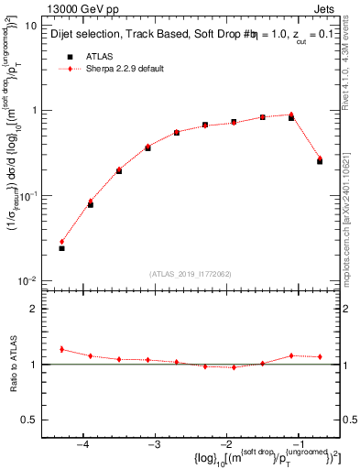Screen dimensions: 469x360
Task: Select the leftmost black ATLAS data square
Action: coord(61,248)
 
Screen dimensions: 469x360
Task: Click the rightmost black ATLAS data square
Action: coord(320,161)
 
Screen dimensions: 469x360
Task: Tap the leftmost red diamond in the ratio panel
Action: coord(61,349)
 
